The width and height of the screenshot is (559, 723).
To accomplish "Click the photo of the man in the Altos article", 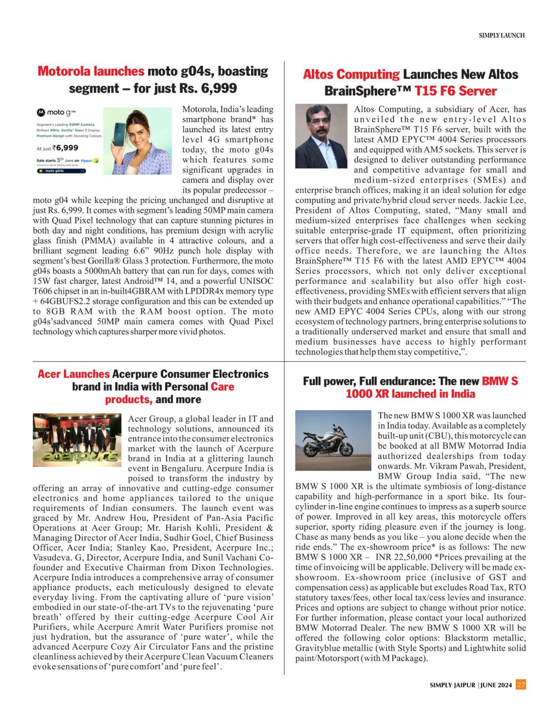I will (x=321, y=136).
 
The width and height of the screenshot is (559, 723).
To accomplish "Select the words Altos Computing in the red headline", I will (x=351, y=74).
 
